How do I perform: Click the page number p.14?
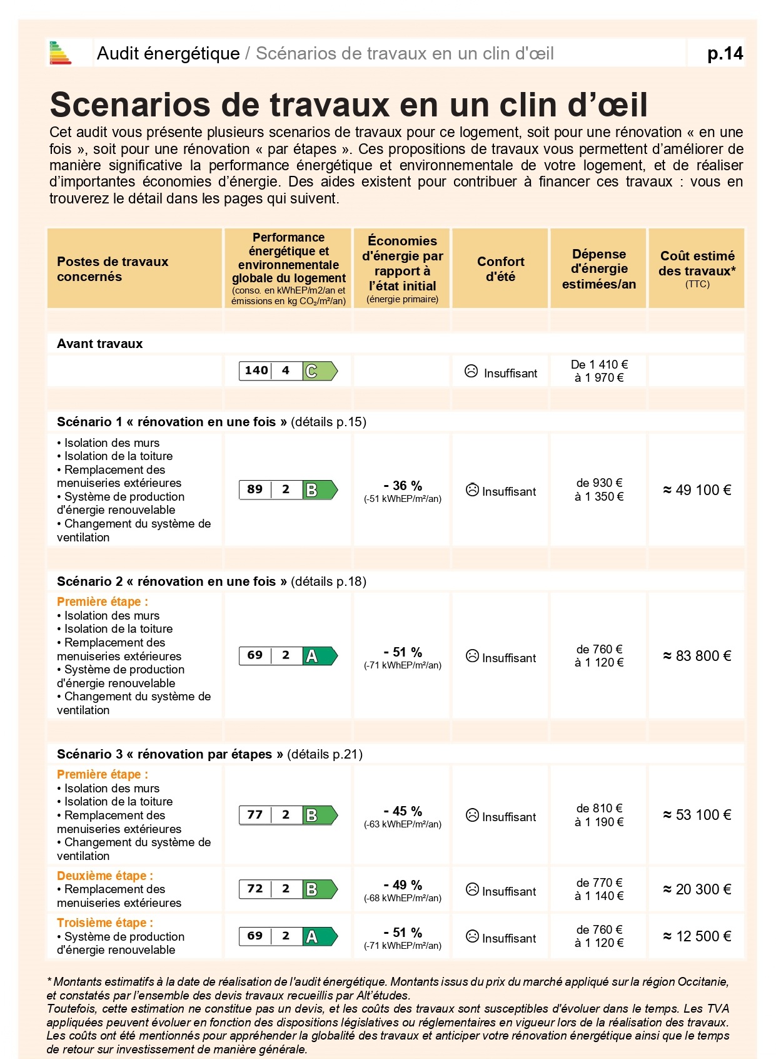725,54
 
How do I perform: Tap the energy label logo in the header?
61,53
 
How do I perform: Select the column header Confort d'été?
500,269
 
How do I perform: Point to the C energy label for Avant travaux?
320,371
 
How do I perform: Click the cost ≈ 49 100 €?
697,490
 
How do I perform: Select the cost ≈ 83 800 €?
697,656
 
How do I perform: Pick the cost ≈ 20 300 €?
697,889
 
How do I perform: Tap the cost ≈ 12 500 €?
697,936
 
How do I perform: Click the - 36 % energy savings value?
403,486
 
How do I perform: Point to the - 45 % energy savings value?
403,811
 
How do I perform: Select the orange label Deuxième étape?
104,876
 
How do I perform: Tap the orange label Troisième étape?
104,923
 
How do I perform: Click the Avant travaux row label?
100,344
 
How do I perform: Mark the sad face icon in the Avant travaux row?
471,371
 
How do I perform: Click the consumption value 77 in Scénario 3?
254,815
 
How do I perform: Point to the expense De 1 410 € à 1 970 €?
599,371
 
